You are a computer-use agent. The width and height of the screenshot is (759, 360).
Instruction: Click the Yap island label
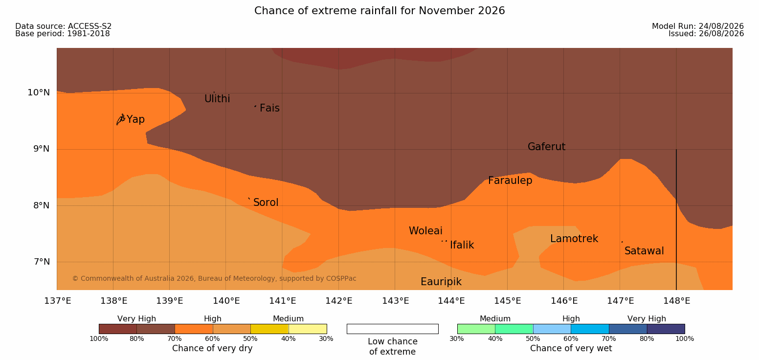click(x=135, y=120)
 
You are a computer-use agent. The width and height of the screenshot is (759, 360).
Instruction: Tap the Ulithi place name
click(x=217, y=99)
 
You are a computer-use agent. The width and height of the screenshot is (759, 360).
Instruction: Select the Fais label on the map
click(x=270, y=108)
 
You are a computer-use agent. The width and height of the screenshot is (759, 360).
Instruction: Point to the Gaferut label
click(x=547, y=147)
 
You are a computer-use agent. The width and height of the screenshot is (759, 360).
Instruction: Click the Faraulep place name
click(x=510, y=180)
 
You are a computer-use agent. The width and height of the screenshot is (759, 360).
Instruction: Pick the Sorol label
click(x=266, y=202)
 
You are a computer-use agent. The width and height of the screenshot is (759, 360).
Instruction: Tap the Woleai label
click(x=425, y=231)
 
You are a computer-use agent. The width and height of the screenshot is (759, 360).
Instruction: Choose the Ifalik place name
click(x=462, y=245)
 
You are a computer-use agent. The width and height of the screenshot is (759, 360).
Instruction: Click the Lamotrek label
click(x=574, y=239)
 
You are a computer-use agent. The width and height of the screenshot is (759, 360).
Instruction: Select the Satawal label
click(x=644, y=251)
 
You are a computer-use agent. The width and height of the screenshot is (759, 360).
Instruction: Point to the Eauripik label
click(x=441, y=282)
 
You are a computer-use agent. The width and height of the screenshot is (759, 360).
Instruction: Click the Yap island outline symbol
click(x=121, y=120)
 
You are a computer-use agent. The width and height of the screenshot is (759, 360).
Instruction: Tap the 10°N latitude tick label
click(x=39, y=92)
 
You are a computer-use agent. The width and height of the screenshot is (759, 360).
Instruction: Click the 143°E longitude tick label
click(x=396, y=301)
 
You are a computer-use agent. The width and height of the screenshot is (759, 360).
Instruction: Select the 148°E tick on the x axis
click(x=676, y=301)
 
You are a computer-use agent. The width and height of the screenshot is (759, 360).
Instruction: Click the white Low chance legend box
click(x=392, y=329)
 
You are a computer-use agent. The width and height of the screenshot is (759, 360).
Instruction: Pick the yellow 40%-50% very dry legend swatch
click(x=269, y=329)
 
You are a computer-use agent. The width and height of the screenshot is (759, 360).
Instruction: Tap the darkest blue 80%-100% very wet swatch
click(x=666, y=329)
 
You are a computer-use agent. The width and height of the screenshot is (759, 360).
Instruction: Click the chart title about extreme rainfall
click(x=379, y=11)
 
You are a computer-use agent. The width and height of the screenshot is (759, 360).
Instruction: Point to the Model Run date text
click(x=698, y=26)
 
